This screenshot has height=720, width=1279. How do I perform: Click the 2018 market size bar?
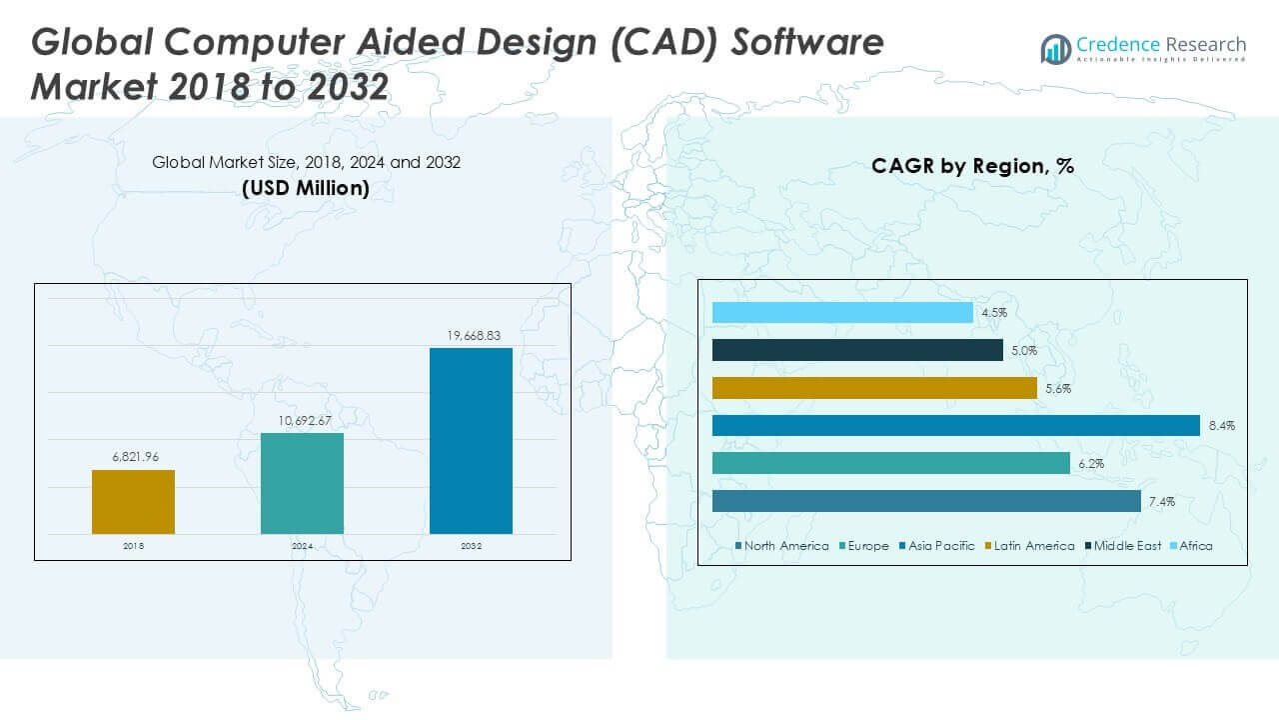133,501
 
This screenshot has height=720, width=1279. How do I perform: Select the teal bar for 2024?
302,483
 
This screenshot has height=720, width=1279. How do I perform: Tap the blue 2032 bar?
471,441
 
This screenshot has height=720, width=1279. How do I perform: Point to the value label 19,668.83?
471,336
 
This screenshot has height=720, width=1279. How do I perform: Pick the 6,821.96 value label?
133,457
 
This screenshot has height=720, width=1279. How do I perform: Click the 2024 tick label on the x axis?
302,547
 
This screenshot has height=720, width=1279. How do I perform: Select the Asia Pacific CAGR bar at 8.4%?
955,426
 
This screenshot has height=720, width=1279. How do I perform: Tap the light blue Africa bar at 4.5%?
842,313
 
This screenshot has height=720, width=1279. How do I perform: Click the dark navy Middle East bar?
857,350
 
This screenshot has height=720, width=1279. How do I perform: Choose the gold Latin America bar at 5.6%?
874,388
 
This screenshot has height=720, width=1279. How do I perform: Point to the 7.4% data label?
1161,502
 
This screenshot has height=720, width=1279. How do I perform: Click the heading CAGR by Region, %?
972,166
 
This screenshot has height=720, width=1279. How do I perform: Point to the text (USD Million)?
306,188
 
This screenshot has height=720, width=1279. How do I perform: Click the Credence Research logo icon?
1055,48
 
